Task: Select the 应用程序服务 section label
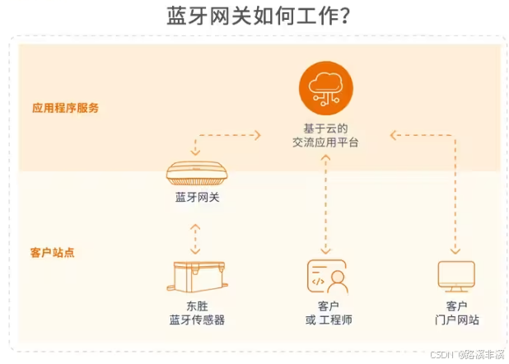tap(65, 108)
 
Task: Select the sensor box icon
tap(198, 278)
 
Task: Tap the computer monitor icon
tap(455, 277)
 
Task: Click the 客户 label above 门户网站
tap(456, 306)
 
